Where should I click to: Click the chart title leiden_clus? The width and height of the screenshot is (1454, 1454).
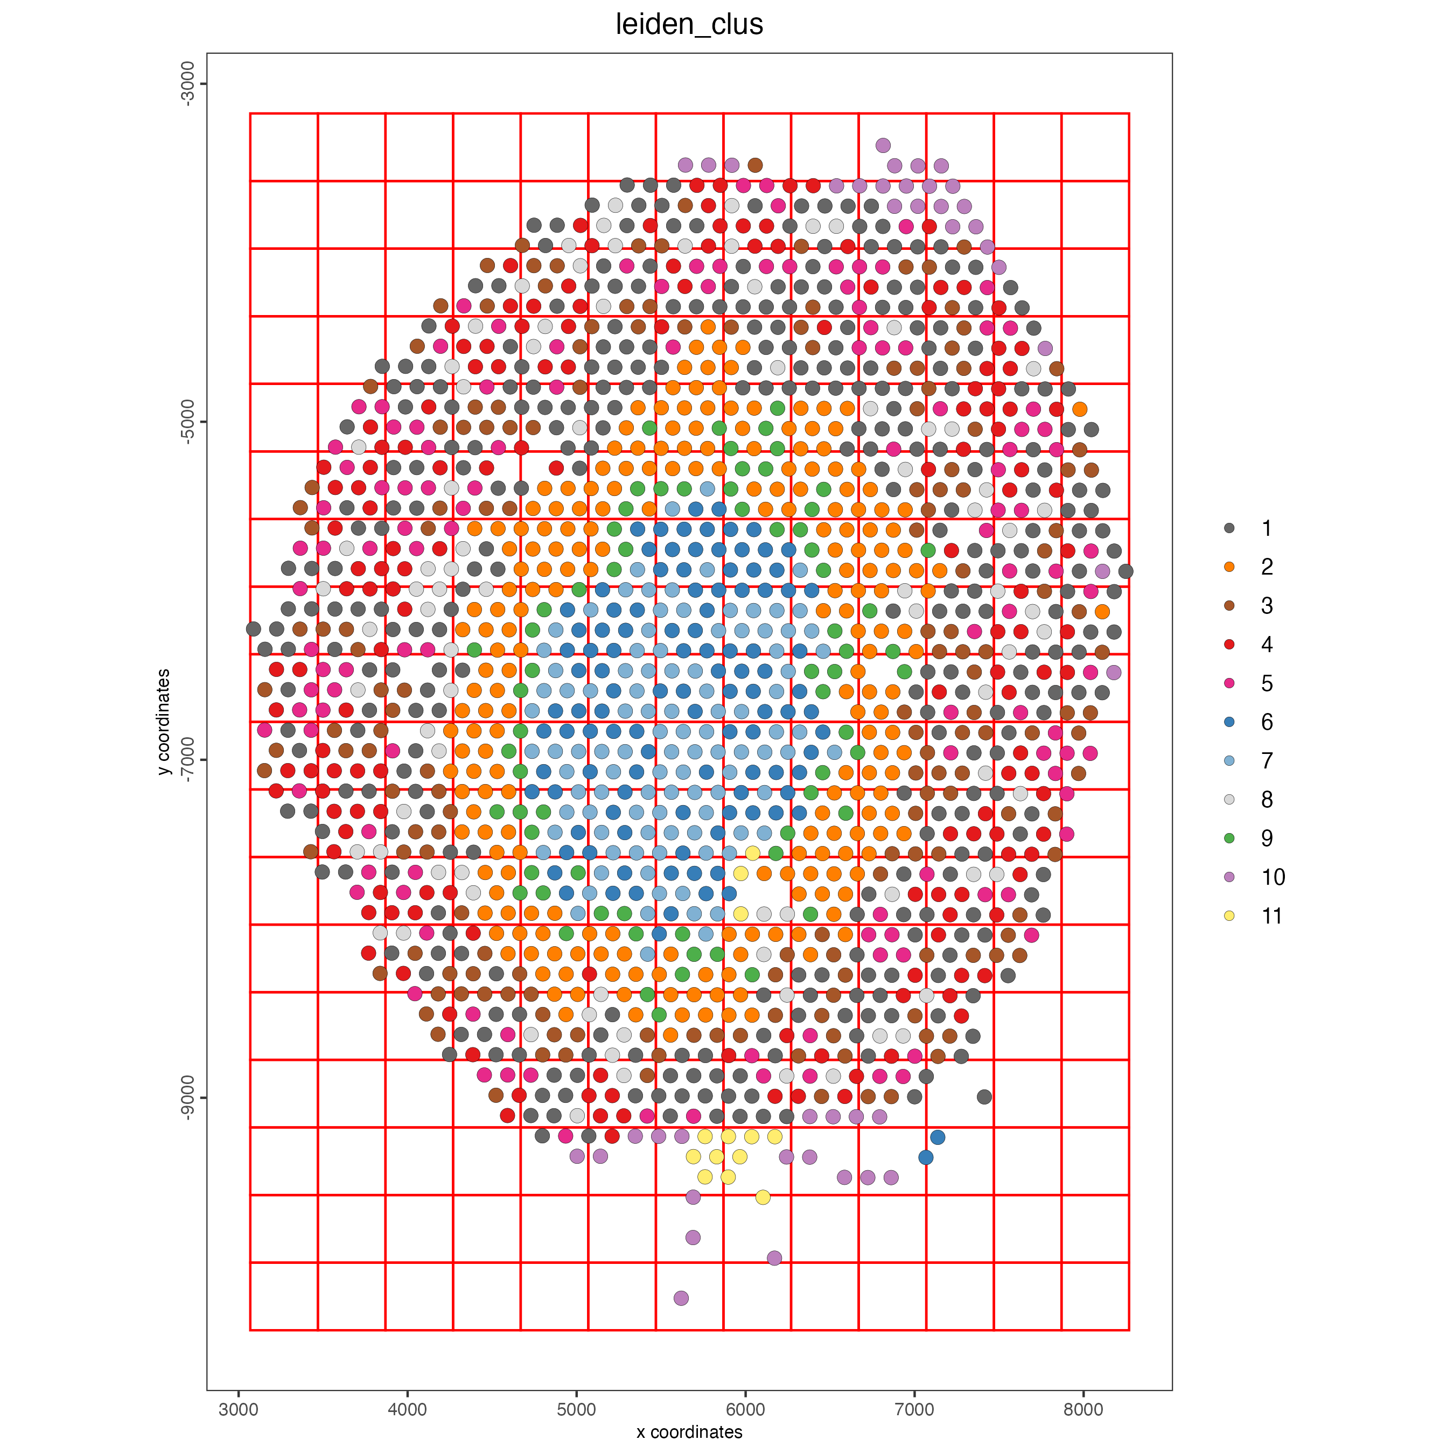[689, 25]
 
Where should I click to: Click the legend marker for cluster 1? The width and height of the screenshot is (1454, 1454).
[1229, 528]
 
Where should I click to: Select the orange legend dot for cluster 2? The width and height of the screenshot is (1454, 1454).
[1229, 567]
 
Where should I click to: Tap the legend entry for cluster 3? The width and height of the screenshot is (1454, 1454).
[1229, 606]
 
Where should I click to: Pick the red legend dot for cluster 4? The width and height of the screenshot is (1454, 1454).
[1229, 644]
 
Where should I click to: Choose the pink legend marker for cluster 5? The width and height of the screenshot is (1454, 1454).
[1229, 683]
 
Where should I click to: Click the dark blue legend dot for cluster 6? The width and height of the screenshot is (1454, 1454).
[1229, 722]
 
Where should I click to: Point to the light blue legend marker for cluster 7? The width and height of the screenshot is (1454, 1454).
[1229, 761]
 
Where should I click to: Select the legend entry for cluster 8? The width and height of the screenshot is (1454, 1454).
[1229, 799]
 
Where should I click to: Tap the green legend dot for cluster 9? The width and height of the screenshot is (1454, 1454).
[1229, 838]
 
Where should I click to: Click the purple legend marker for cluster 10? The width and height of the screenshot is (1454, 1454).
[1229, 877]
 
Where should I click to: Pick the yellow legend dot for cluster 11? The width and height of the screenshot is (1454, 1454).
[1229, 916]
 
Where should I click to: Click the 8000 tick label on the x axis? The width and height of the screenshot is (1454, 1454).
[1083, 1410]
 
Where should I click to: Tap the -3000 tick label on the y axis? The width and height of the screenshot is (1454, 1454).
[187, 83]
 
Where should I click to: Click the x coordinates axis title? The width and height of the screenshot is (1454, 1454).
[689, 1432]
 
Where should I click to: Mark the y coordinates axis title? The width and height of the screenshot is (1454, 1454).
[164, 722]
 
